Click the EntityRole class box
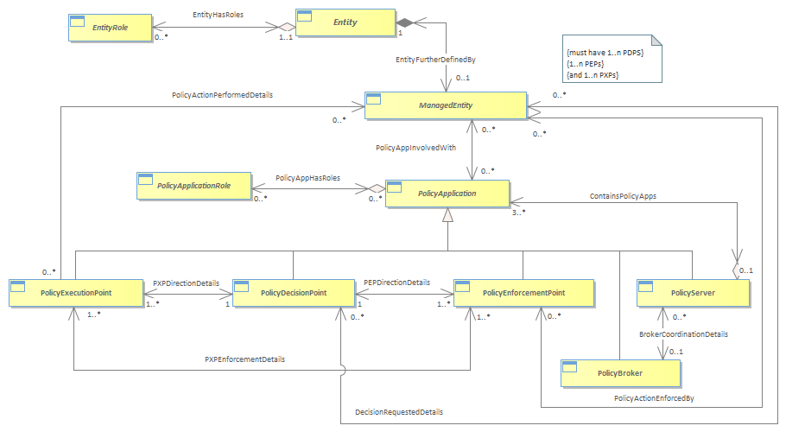point(111,28)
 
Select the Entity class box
point(345,22)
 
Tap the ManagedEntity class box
point(446,105)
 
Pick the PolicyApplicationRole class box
point(194,186)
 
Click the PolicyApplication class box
point(447,194)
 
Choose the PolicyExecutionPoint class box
point(76,293)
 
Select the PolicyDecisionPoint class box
point(294,293)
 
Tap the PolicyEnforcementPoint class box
point(523,293)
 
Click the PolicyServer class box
point(694,293)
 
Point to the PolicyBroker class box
point(620,373)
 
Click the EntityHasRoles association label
point(218,15)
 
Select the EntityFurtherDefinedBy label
point(435,60)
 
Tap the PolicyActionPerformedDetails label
point(223,95)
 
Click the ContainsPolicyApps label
point(623,196)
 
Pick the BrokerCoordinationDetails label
point(684,334)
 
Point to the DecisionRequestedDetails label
point(399,412)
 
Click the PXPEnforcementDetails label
point(244,359)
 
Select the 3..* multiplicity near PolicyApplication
point(519,213)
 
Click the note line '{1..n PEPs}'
point(586,64)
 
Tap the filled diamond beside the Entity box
point(404,22)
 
